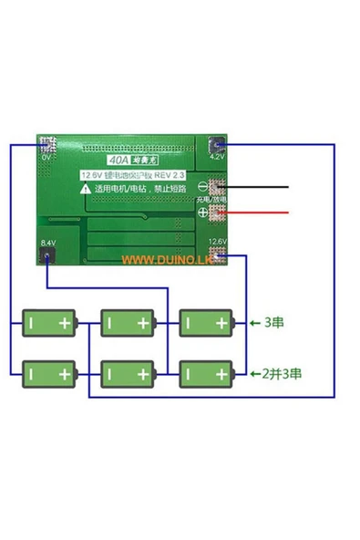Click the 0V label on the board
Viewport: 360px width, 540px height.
click(46, 157)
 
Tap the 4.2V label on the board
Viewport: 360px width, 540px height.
click(217, 157)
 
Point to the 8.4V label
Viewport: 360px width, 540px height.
click(46, 243)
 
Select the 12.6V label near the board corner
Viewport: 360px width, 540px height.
click(217, 242)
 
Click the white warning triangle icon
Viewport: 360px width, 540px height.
click(85, 188)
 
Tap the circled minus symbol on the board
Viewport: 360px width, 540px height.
click(203, 187)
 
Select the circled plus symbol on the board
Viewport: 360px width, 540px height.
click(203, 213)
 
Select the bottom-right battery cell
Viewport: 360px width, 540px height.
click(206, 372)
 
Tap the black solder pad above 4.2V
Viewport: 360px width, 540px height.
click(217, 144)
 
